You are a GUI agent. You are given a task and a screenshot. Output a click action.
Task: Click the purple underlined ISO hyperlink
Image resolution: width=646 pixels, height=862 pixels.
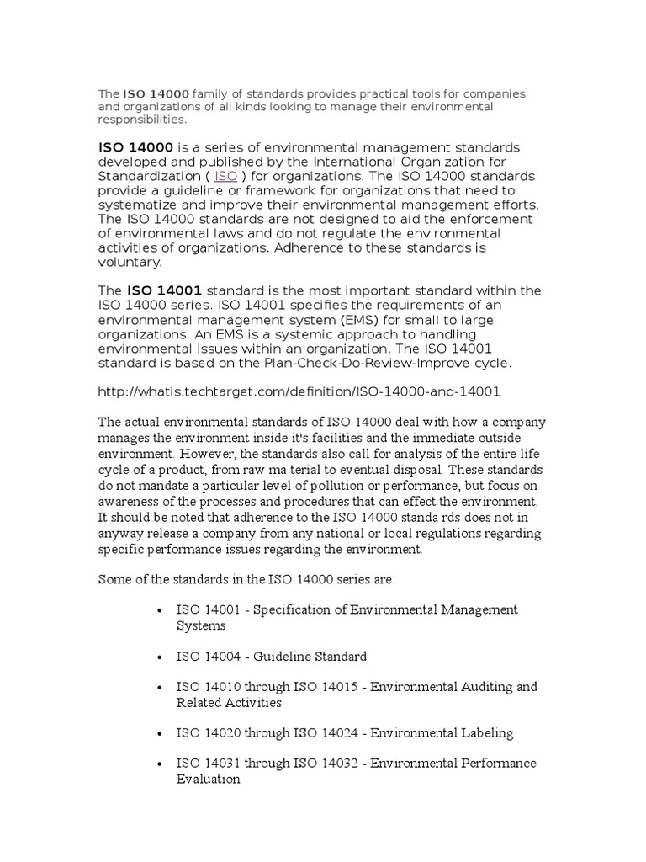(226, 176)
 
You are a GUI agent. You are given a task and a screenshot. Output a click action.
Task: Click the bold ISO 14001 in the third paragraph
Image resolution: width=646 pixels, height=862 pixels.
(164, 290)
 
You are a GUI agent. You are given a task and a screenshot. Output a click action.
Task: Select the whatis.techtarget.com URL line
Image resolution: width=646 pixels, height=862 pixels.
(299, 391)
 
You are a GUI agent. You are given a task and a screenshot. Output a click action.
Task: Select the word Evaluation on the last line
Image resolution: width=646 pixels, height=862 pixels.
(208, 779)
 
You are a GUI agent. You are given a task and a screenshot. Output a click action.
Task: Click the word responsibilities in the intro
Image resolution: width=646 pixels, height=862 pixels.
(142, 120)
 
